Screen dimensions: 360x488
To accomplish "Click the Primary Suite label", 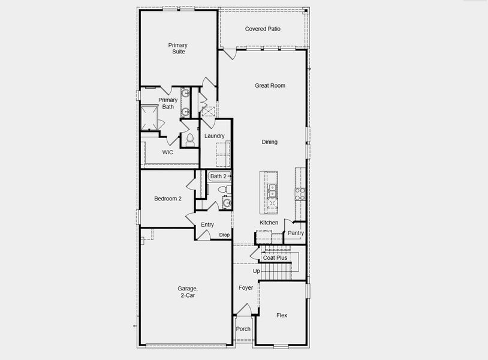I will point(177,49).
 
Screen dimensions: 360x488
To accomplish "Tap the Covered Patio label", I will point(263,29).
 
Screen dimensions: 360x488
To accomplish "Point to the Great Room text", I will point(270,86).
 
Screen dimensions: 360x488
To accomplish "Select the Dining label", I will point(269,142).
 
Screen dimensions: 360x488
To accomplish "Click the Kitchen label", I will point(269,223).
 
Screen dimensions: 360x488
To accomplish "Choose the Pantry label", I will point(296,233).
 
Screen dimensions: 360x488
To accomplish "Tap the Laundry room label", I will point(214,136).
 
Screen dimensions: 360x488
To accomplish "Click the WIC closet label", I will point(168,152).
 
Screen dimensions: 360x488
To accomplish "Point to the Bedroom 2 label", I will point(168,199).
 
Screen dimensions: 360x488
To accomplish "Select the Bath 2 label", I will point(218,176).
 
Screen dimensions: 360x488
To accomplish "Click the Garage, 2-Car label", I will point(187,292).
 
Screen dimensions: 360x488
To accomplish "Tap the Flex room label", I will point(282,315).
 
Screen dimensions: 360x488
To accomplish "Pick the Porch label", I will point(243,329).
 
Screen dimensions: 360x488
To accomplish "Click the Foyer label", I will point(246,288).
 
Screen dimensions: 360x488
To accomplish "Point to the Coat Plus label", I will point(275,258).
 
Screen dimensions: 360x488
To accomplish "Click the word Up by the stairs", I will point(256,271).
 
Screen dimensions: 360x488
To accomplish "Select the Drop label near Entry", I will point(224,235).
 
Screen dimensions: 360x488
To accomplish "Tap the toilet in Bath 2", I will point(221,190).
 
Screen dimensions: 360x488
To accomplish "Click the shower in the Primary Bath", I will point(149,116).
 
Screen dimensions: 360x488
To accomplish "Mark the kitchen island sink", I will point(272,191).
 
